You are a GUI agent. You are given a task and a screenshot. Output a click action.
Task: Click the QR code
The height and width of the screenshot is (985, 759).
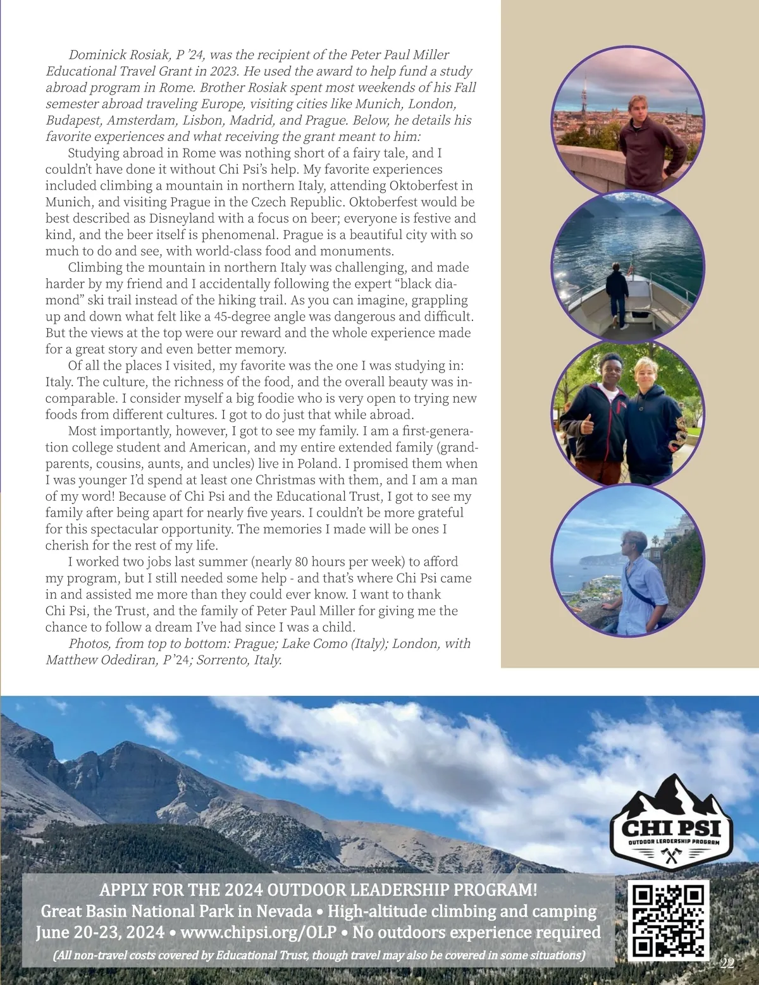tap(668, 921)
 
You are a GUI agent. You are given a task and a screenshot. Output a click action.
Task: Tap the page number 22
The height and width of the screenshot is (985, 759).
tap(727, 964)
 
